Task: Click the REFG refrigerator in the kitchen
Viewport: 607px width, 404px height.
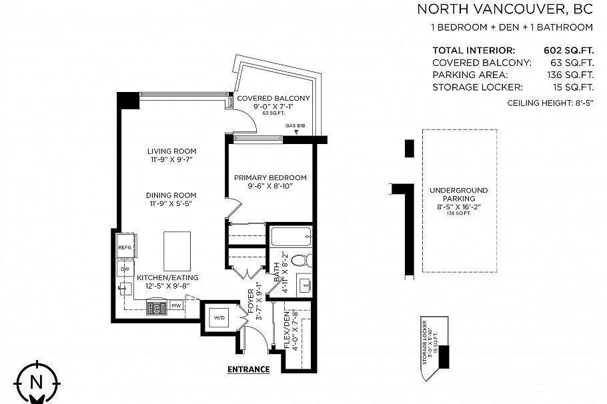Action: click(126, 247)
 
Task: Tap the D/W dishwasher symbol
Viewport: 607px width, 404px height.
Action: click(125, 269)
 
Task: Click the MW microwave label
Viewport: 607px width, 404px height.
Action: click(176, 306)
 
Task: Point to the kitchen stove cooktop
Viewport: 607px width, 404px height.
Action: click(156, 307)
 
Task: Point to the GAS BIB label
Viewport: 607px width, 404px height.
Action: click(295, 126)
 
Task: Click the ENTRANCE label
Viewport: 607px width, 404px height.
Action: click(248, 369)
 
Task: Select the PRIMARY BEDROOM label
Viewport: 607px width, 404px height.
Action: click(270, 177)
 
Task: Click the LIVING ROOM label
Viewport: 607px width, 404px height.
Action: click(172, 151)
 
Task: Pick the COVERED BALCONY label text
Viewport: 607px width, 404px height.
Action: click(273, 99)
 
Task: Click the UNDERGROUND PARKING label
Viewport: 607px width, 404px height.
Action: click(458, 194)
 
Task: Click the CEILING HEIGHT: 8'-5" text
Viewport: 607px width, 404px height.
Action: click(550, 103)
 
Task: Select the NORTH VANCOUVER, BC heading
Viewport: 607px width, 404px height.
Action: click(505, 9)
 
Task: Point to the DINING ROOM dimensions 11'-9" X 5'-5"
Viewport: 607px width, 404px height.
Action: click(172, 205)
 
